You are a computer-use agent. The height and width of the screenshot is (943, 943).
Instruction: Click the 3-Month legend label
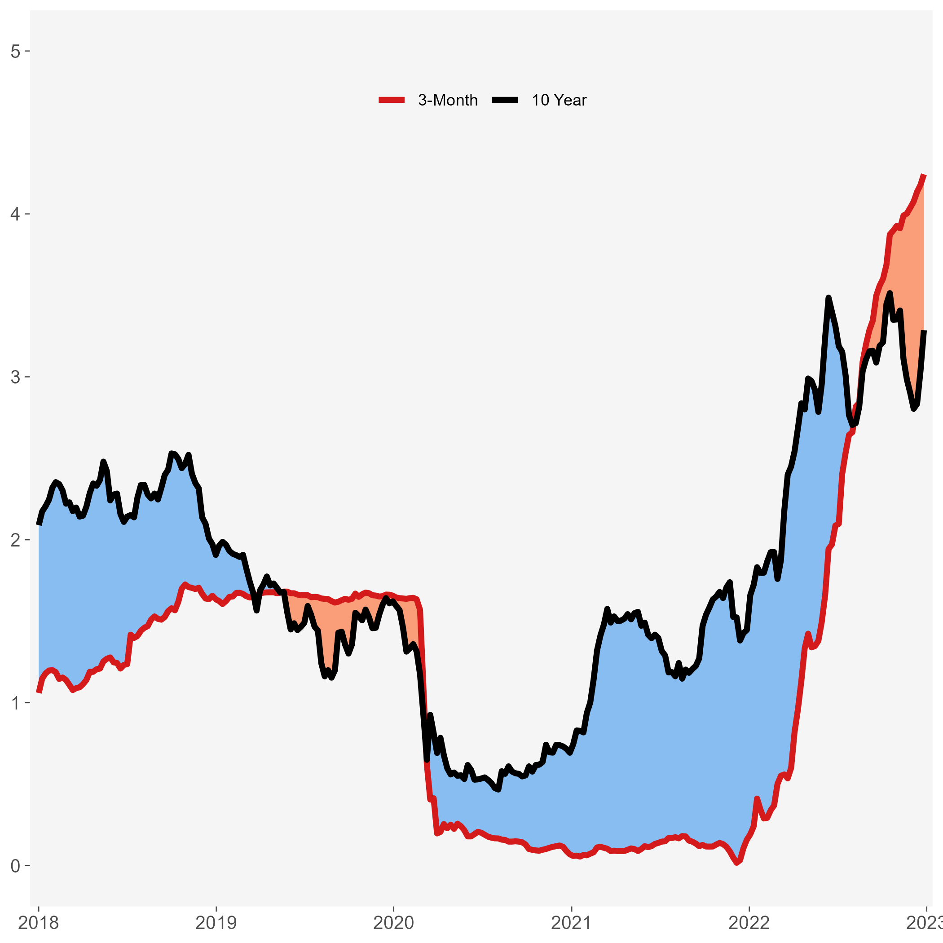[x=448, y=100]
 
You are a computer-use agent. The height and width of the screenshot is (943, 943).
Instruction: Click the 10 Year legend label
[x=559, y=100]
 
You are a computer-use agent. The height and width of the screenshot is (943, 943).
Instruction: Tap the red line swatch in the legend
[x=392, y=100]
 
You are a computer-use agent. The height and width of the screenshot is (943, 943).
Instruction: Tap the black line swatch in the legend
[x=505, y=100]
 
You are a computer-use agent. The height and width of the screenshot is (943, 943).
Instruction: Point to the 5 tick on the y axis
[x=15, y=51]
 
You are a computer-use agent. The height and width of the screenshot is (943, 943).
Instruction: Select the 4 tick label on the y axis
[x=15, y=214]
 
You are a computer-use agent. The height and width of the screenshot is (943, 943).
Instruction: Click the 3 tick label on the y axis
[x=15, y=377]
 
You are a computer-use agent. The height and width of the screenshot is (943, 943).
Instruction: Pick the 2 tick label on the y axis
[x=15, y=540]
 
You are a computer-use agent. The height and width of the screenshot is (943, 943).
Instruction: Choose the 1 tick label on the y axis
[x=15, y=703]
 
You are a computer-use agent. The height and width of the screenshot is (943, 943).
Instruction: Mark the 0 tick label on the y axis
[x=15, y=866]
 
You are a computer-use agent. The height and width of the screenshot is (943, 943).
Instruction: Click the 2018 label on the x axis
[x=39, y=923]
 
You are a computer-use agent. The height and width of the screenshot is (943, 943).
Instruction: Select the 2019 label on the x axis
[x=216, y=923]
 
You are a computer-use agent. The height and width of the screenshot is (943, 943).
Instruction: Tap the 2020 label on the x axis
[x=394, y=923]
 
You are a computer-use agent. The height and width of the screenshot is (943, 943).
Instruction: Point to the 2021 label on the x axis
[x=572, y=923]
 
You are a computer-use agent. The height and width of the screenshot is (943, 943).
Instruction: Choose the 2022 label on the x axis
[x=749, y=923]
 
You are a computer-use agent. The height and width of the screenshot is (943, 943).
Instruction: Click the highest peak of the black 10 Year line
[x=828, y=297]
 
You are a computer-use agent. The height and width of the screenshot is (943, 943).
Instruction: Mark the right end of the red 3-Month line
[x=924, y=175]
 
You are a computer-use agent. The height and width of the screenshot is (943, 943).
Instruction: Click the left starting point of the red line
[x=39, y=692]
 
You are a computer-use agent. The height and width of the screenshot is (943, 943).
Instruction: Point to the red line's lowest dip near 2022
[x=737, y=864]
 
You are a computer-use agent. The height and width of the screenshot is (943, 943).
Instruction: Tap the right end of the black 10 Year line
[x=924, y=331]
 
